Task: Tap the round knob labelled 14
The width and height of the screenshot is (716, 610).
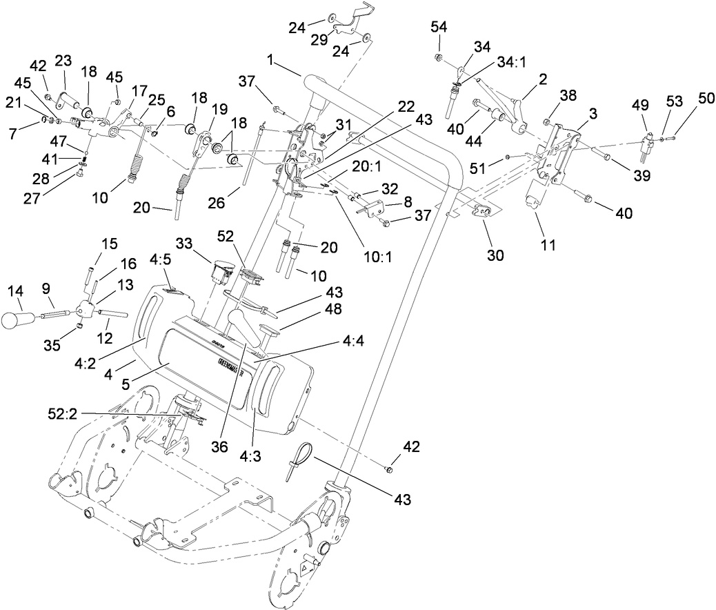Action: [x=17, y=320]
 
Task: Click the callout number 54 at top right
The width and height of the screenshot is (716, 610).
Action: [x=439, y=27]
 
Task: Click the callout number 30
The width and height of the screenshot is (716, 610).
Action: [x=495, y=256]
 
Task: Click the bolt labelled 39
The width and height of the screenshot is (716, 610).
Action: [x=605, y=158]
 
